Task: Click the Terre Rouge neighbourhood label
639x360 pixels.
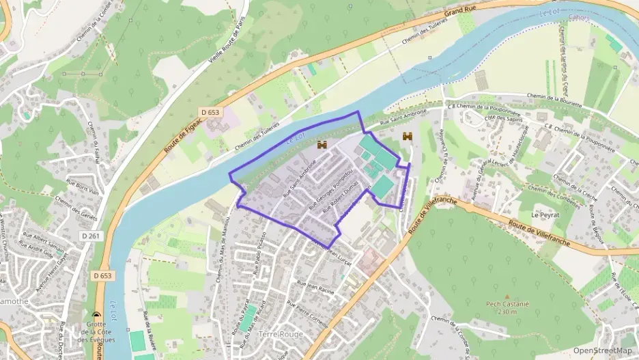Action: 281,334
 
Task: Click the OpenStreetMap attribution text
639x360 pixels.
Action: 603,350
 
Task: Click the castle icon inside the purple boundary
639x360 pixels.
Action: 322,145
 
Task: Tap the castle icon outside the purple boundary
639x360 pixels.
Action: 408,137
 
